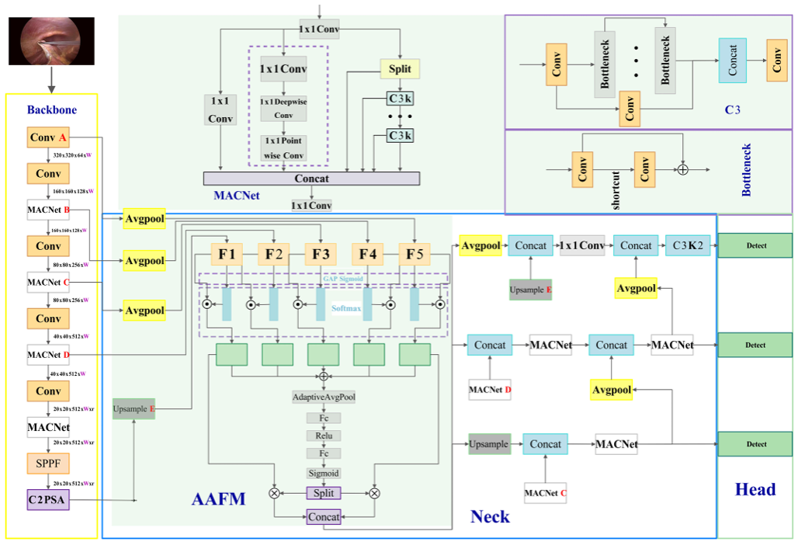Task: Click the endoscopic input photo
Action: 50,40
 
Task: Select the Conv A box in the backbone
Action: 48,138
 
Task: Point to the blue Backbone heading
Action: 51,109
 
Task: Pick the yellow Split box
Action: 400,68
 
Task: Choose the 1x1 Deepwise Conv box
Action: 283,109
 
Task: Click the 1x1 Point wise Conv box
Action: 283,147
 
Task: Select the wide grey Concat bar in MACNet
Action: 311,179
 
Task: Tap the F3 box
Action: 321,254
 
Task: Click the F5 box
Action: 414,254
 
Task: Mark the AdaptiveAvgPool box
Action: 324,397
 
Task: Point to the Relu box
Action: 324,436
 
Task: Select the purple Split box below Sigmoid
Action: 324,493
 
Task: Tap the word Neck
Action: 490,515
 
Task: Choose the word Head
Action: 755,490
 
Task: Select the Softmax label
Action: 347,307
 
